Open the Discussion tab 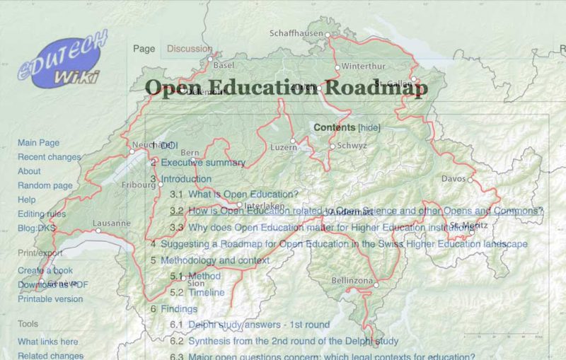coord(189,49)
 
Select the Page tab coord(144,49)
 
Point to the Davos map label coord(454,178)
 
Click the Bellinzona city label coord(352,281)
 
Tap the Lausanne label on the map coord(111,223)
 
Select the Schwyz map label coord(352,146)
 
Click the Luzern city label coord(283,147)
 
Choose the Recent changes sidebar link coord(49,157)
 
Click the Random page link coord(45,185)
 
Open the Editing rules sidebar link coord(41,214)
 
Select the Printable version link coord(50,298)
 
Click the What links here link coord(47,342)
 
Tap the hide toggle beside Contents coord(369,127)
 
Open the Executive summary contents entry coord(202,163)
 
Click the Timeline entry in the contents coord(206,292)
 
